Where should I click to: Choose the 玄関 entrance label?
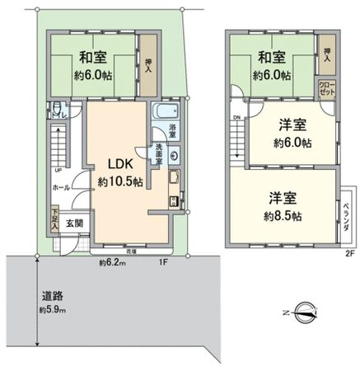(x=74, y=223)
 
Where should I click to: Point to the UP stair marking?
(x=58, y=172)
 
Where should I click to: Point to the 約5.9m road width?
(x=54, y=310)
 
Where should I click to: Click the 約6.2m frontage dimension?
(x=111, y=262)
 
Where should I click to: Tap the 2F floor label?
(x=349, y=254)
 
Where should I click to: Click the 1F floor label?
(x=164, y=262)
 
